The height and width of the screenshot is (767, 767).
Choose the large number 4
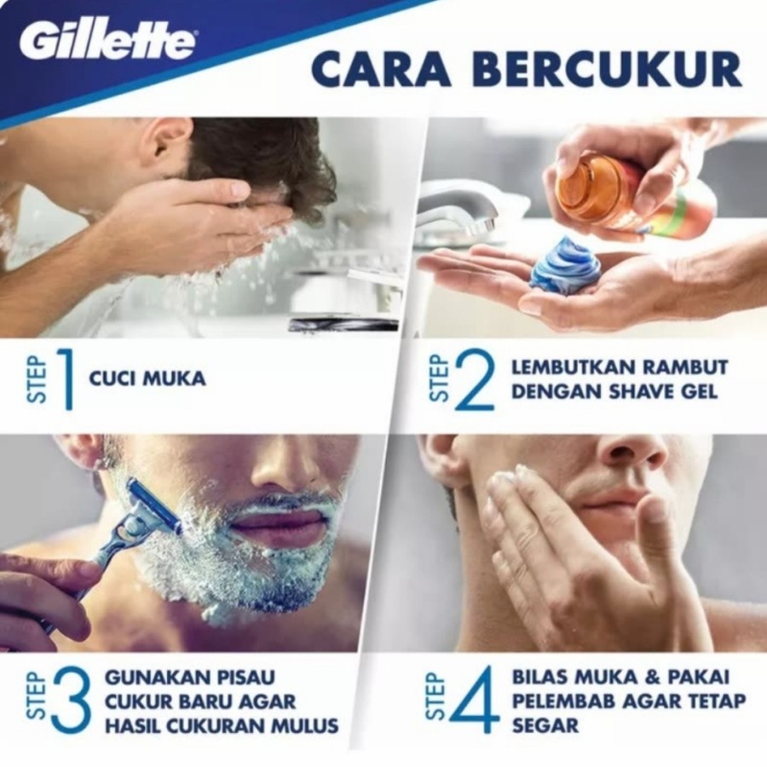[476, 701]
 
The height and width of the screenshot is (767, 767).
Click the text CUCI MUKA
[147, 378]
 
